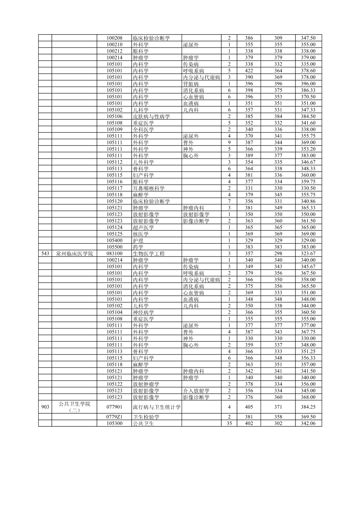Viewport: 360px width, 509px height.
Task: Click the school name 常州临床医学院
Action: coord(74,254)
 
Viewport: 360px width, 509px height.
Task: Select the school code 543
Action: coord(45,254)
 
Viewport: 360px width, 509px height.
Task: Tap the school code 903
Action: coord(45,407)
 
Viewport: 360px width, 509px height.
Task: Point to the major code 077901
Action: coord(114,407)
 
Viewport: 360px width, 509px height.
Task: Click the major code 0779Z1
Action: coord(114,417)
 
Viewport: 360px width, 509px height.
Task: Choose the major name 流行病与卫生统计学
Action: coord(156,407)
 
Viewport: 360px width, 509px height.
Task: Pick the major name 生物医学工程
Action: coord(146,254)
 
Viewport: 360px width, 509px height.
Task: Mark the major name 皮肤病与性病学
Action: coord(151,116)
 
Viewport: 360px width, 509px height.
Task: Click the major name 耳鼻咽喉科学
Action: coord(148,188)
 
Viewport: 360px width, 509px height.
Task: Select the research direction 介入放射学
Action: coord(196,391)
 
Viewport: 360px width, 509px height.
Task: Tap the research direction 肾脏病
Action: coord(191,84)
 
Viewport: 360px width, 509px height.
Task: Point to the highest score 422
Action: coord(249,71)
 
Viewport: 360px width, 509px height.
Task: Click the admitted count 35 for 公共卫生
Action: coord(229,423)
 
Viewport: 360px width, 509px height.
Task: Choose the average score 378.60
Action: coord(308,71)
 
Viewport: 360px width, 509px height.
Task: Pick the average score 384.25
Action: coord(308,407)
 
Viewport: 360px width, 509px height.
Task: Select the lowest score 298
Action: coord(278,254)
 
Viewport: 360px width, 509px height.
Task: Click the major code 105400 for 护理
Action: coord(114,241)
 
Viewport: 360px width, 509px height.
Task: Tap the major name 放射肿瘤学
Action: coord(146,384)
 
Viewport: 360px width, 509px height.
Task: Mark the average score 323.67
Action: coord(308,254)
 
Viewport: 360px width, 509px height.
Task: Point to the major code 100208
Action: coord(114,38)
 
